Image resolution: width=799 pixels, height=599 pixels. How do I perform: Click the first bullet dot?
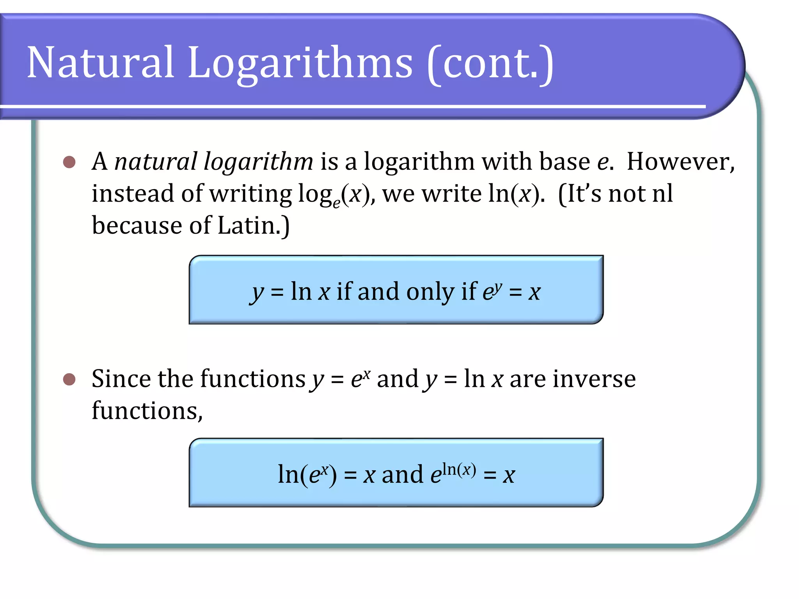69,162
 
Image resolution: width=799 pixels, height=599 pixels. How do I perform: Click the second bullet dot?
69,379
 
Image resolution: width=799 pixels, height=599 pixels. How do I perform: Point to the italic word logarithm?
258,162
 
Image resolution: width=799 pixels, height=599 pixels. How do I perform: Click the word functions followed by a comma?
147,411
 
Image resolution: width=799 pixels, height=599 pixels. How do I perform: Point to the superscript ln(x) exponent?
459,470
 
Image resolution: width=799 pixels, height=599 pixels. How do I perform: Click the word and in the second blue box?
402,475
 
